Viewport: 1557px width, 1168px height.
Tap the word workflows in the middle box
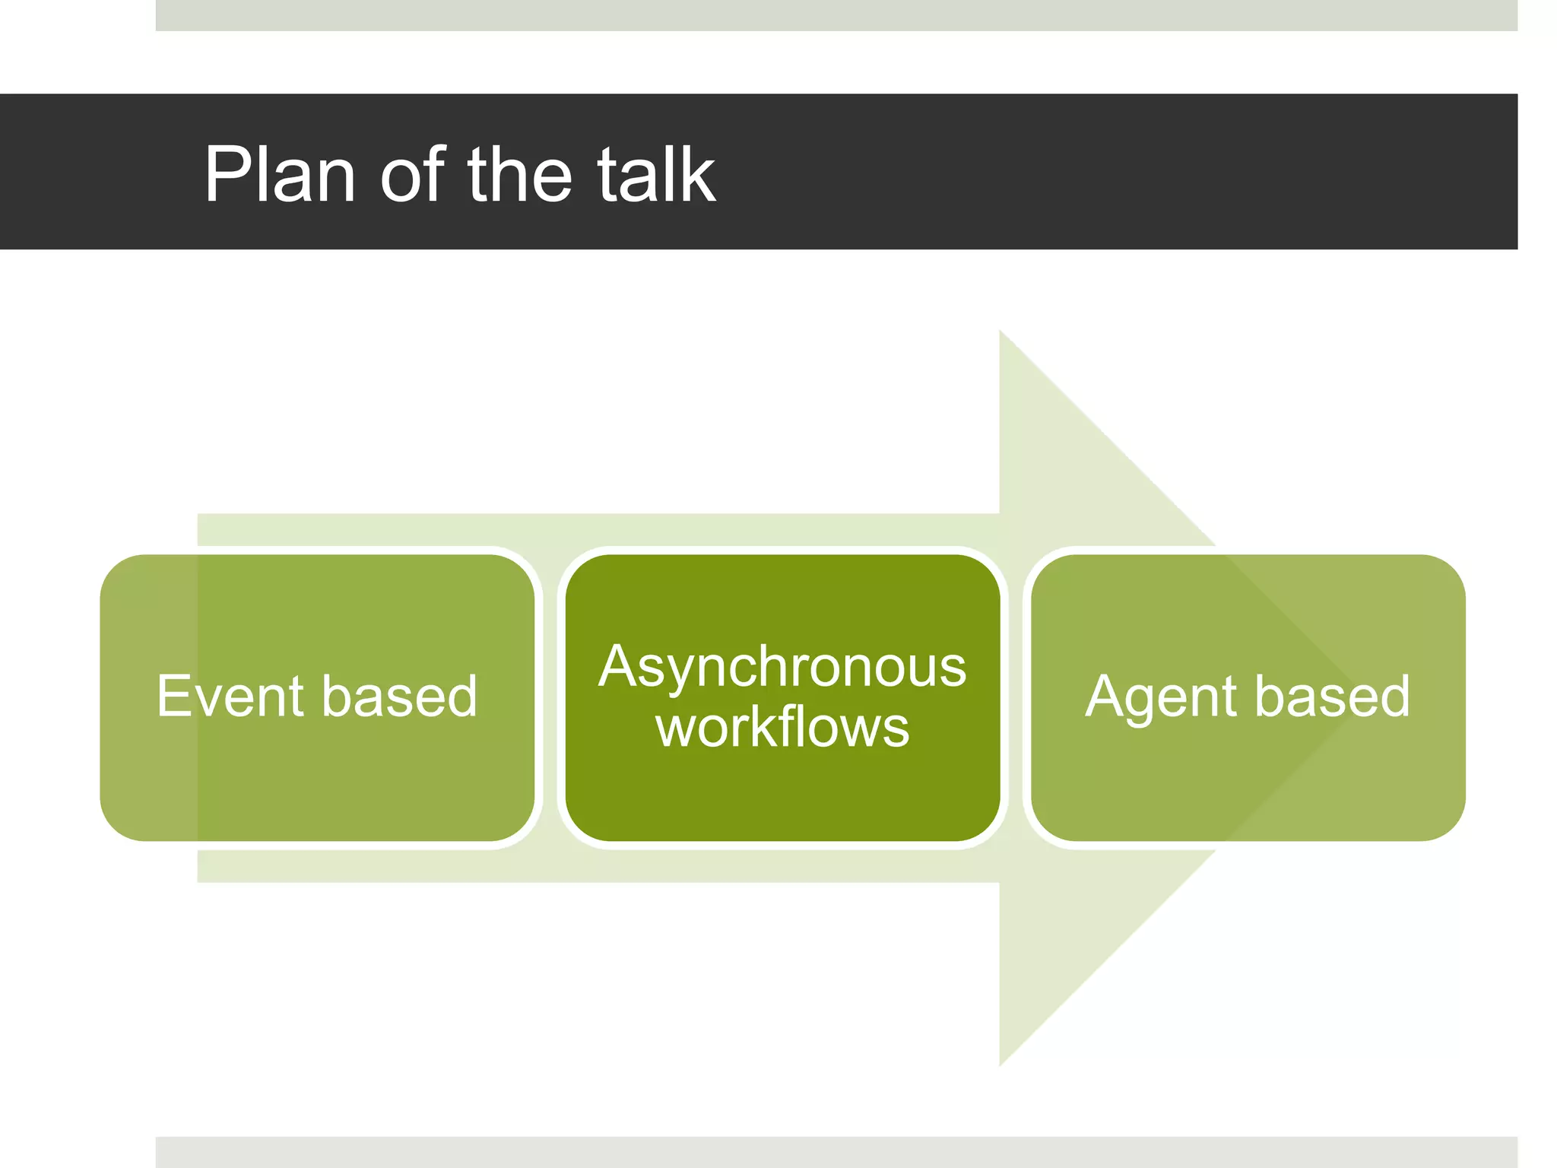(x=782, y=727)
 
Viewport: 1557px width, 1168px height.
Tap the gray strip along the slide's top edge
(x=836, y=15)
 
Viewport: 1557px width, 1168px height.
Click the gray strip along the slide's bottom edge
(x=836, y=1152)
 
